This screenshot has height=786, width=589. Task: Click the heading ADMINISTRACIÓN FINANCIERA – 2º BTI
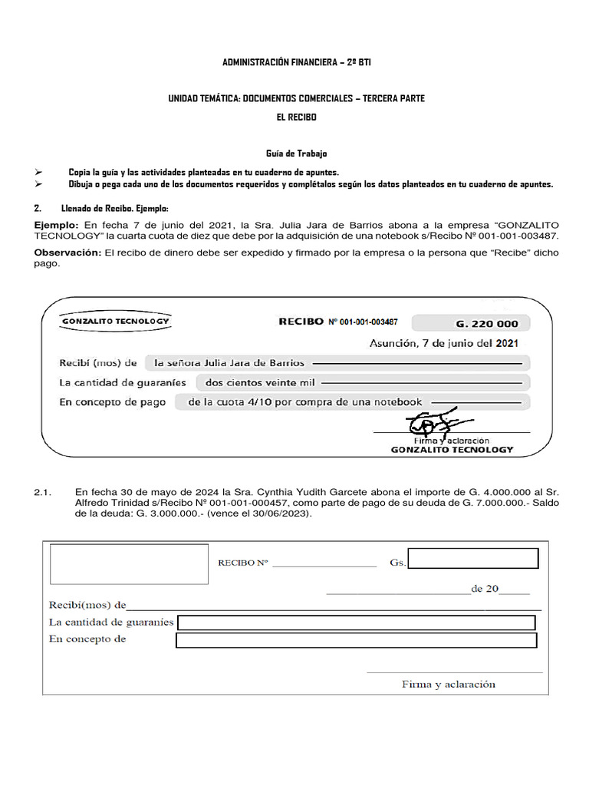296,62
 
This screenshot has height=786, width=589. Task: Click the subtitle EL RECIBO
296,117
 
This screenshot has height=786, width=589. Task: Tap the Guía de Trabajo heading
296,154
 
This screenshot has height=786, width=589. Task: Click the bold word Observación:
67,253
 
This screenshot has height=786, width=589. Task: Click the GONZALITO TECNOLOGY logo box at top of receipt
116,321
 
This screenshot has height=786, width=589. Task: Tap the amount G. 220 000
486,323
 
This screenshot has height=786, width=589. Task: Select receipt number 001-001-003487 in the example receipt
363,322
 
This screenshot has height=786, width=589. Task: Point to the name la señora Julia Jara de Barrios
229,362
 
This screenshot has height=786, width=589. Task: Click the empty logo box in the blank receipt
129,564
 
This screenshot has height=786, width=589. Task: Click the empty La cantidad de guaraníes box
356,623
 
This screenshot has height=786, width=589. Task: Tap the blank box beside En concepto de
356,640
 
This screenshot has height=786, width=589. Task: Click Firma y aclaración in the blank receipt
449,684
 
